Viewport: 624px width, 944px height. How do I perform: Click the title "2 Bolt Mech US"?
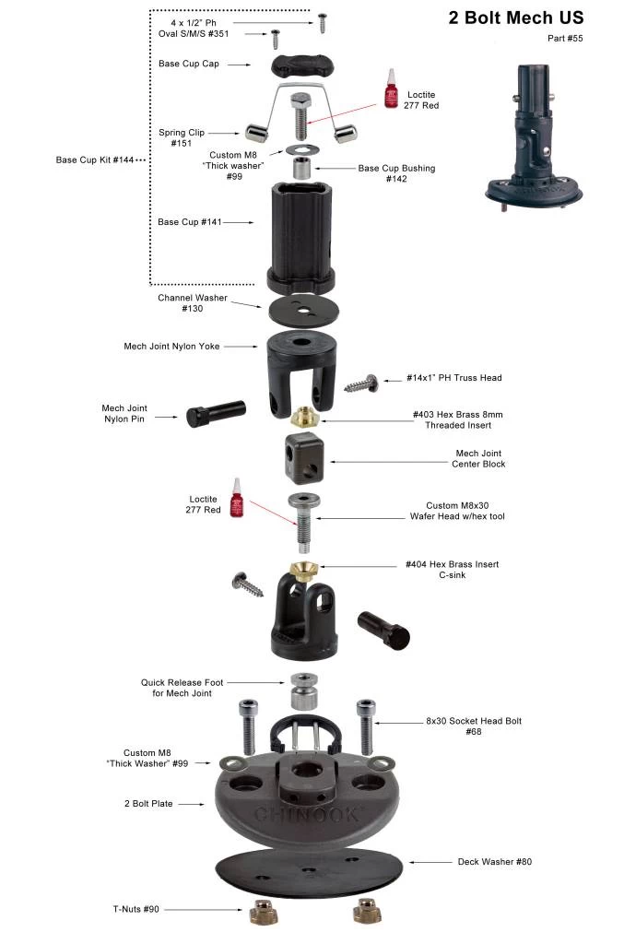[515, 18]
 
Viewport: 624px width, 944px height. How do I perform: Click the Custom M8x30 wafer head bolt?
[303, 517]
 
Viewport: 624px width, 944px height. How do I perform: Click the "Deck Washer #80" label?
[494, 862]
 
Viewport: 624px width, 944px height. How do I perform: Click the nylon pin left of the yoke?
[216, 413]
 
